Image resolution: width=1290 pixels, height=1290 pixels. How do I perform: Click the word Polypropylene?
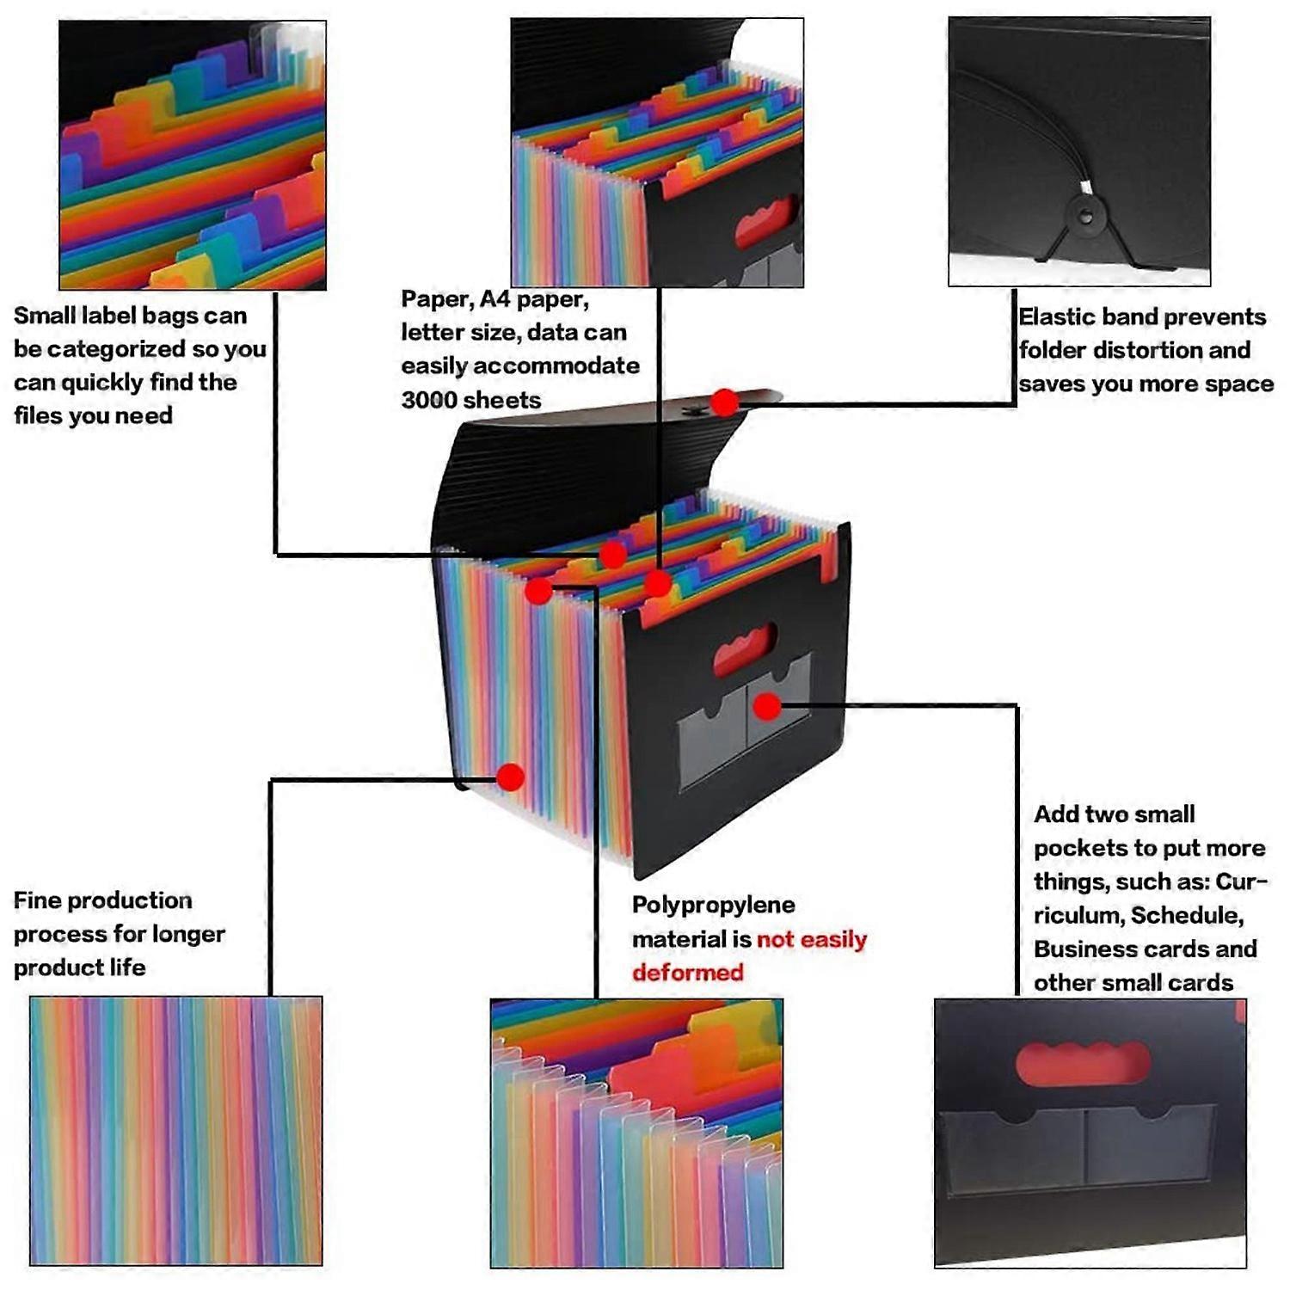pyautogui.click(x=713, y=906)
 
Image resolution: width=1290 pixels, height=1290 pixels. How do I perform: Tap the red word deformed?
pyautogui.click(x=687, y=973)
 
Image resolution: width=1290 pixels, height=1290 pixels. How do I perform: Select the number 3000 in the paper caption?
pyautogui.click(x=428, y=400)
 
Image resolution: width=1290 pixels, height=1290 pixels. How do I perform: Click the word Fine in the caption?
pyautogui.click(x=37, y=900)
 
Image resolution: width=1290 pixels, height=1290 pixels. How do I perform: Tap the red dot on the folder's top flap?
pyautogui.click(x=725, y=402)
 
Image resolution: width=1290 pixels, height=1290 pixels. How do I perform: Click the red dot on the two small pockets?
pyautogui.click(x=767, y=707)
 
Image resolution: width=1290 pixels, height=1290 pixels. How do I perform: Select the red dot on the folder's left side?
pyautogui.click(x=510, y=777)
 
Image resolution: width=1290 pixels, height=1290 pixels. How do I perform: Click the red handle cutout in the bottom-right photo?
pyautogui.click(x=1082, y=1063)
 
